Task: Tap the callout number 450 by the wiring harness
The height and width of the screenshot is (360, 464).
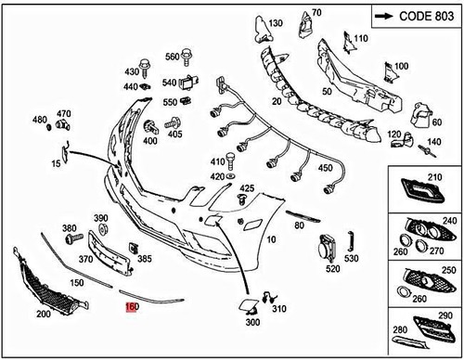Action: coord(325,169)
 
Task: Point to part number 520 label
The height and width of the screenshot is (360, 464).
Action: coord(331,270)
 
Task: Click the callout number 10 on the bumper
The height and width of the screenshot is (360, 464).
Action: coord(271,238)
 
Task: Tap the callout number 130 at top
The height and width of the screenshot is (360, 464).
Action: coord(274,22)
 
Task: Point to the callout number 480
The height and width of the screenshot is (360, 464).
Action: coord(40,120)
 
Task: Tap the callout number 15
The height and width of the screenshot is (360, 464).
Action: coord(56,163)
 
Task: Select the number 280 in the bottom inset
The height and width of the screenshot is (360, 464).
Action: coord(400,329)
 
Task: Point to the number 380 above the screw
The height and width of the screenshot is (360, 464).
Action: coord(69,227)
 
